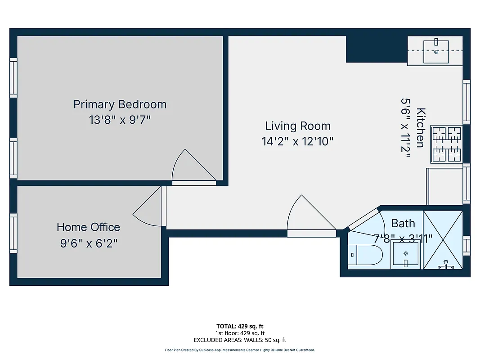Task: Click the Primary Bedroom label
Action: (x=120, y=104)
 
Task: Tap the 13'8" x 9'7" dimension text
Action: (x=120, y=120)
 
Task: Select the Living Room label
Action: (x=297, y=126)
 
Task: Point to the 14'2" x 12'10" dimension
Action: (x=297, y=142)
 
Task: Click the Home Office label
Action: (x=88, y=227)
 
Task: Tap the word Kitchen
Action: (x=421, y=127)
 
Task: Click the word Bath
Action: (x=403, y=223)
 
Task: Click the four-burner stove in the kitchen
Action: (x=447, y=144)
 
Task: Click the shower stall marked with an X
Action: (x=443, y=240)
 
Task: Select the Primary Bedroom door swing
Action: (x=192, y=167)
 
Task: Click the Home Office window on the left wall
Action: (x=13, y=233)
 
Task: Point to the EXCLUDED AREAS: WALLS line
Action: (x=240, y=340)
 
